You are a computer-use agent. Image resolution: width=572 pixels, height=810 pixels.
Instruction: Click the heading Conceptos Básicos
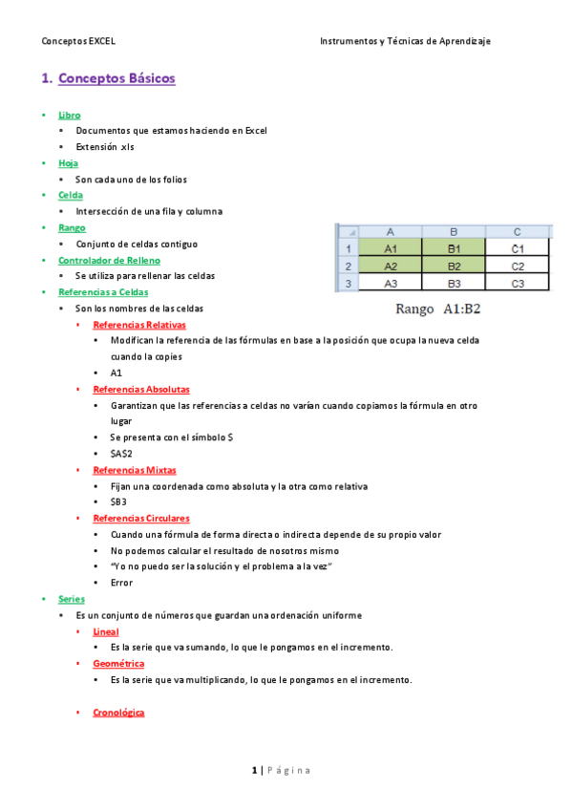point(117,78)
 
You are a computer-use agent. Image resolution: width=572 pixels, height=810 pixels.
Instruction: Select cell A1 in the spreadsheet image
point(390,248)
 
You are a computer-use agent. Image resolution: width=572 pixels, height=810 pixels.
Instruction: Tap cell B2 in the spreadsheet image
point(454,266)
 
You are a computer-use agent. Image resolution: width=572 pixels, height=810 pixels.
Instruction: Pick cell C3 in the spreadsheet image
point(517,283)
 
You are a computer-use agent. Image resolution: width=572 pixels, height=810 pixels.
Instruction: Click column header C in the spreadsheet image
point(517,232)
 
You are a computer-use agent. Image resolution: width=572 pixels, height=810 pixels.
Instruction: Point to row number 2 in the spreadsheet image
point(349,266)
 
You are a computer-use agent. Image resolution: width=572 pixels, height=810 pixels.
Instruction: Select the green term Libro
point(69,115)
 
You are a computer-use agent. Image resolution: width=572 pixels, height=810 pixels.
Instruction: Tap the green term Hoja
point(68,163)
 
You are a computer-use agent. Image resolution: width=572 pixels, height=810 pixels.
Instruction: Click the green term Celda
point(71,195)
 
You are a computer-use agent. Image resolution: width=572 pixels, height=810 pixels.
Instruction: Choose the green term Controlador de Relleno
point(109,260)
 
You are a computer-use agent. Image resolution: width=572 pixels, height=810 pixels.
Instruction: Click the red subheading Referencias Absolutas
point(140,389)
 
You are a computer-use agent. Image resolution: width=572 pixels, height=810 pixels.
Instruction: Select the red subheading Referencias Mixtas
point(134,470)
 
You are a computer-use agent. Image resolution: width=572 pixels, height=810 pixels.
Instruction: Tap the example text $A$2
point(121,454)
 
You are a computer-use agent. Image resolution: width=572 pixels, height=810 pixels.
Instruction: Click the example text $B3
point(118,501)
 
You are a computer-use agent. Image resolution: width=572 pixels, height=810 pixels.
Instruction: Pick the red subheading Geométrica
point(118,663)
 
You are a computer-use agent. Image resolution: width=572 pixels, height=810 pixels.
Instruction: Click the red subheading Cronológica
point(118,713)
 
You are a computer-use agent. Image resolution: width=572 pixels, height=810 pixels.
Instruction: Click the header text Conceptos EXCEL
point(78,41)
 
